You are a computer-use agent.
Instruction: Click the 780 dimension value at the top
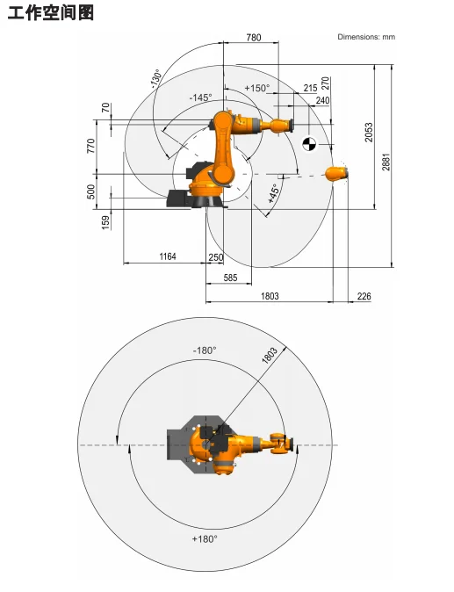(253, 38)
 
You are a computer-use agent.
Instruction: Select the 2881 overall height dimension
(386, 162)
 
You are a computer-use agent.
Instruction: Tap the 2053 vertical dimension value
(369, 132)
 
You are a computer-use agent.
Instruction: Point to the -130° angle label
(156, 78)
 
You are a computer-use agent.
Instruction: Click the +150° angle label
(257, 88)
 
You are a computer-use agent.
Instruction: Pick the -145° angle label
(200, 97)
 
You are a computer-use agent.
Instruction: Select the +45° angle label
(274, 193)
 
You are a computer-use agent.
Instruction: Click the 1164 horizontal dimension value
(168, 256)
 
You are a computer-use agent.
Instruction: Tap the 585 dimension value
(230, 278)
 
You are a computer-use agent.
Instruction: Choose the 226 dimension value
(364, 296)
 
